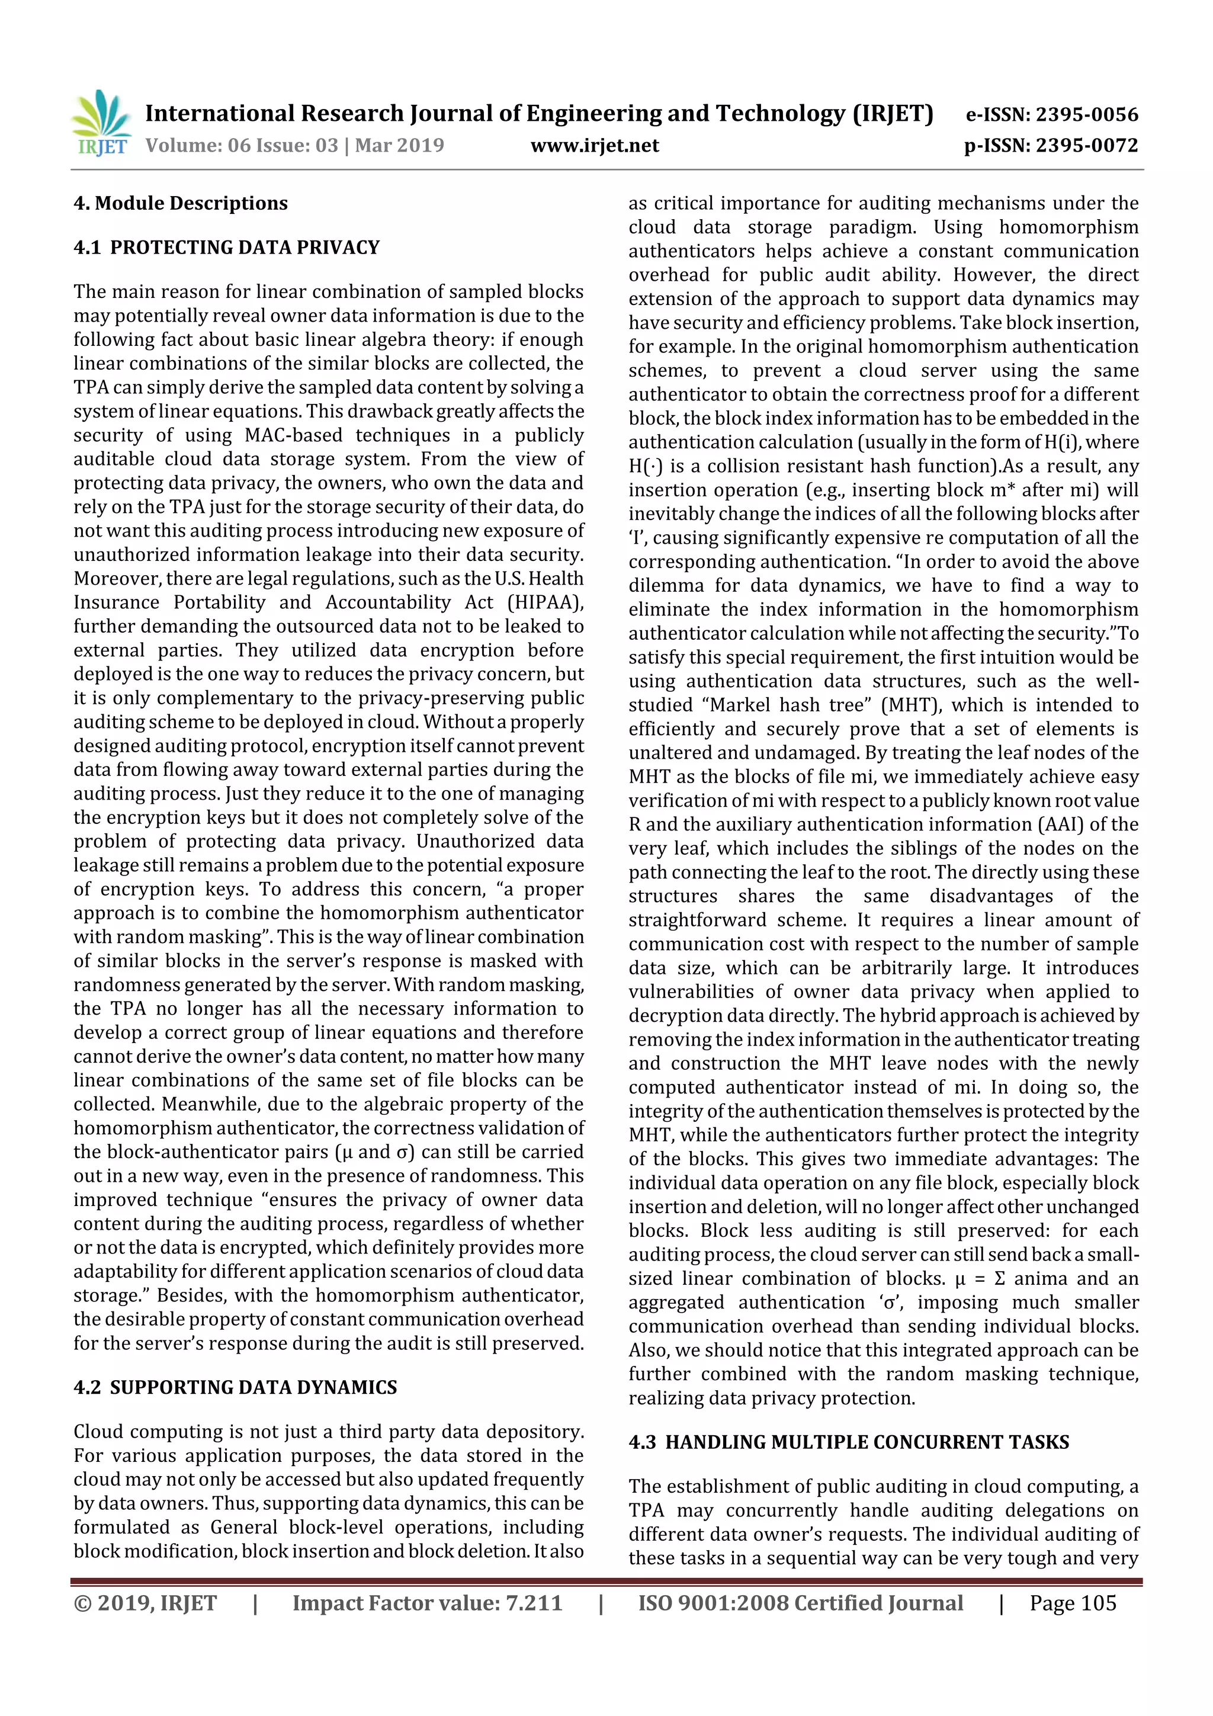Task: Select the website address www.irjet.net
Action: (x=594, y=146)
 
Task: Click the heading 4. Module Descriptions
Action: (x=180, y=203)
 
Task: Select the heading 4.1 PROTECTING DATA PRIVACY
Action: (x=226, y=248)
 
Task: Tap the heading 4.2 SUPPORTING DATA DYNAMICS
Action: (x=235, y=1387)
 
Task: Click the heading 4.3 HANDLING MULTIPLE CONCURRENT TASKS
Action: (x=848, y=1442)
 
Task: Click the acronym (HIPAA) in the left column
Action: (x=545, y=602)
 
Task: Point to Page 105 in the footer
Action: (x=1073, y=1603)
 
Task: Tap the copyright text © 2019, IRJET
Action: (x=145, y=1603)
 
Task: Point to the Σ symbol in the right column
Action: (x=999, y=1279)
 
